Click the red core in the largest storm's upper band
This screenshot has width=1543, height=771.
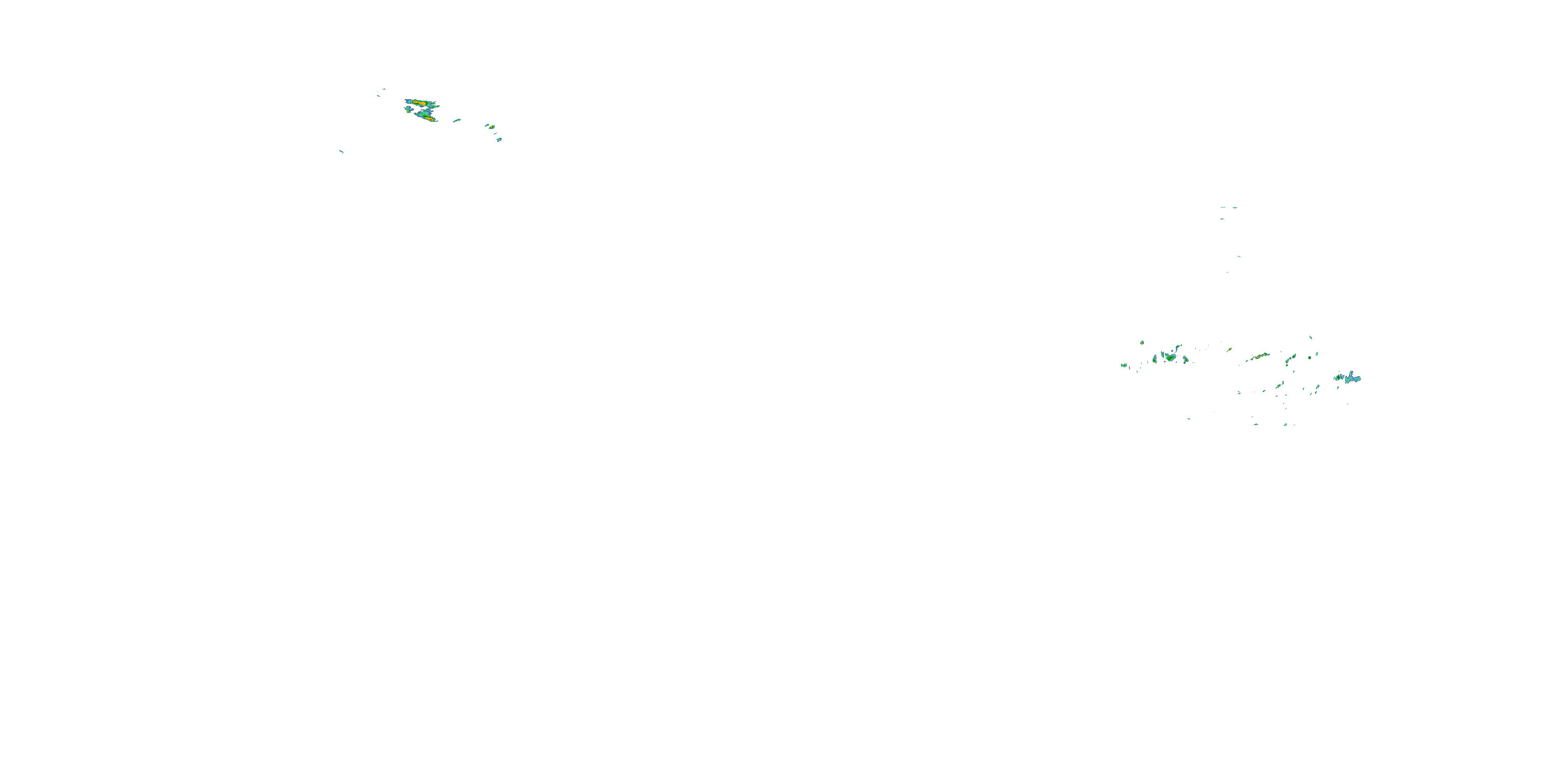point(421,103)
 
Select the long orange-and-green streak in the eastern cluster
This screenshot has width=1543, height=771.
point(1260,356)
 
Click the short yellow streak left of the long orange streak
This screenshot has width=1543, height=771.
point(1229,349)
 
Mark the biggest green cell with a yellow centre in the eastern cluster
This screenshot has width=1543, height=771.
point(1170,357)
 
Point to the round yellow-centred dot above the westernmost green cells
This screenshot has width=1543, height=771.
point(1142,342)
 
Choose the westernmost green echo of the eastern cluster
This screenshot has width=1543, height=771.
point(1124,365)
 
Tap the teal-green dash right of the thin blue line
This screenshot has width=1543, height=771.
point(1234,208)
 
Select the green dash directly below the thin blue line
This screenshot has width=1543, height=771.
point(1222,218)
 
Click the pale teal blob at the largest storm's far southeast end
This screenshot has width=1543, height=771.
point(499,139)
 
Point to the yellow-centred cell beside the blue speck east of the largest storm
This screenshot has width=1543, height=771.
point(492,127)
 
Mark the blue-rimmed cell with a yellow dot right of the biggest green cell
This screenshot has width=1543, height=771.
point(1185,360)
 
